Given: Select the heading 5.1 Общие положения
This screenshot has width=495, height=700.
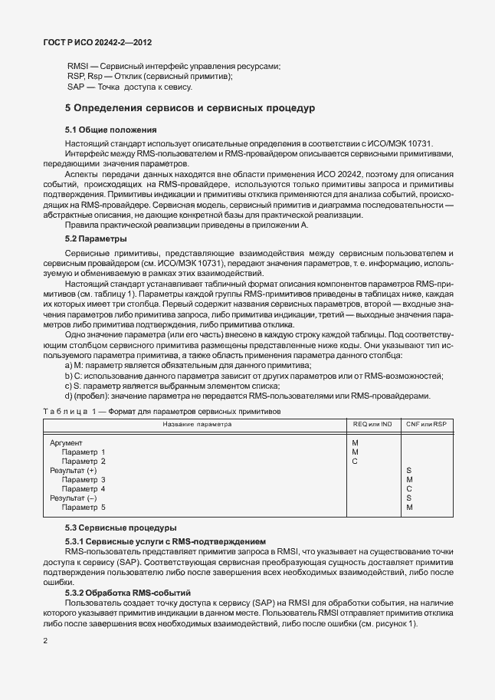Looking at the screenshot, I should click(x=110, y=130).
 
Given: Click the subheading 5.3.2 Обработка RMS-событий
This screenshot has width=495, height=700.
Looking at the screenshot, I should click(x=127, y=594).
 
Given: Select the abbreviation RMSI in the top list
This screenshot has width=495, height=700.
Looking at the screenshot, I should click(x=77, y=67).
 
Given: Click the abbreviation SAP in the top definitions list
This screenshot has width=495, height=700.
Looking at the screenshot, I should click(x=75, y=87).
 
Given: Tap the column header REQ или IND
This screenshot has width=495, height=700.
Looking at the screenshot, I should click(x=372, y=424).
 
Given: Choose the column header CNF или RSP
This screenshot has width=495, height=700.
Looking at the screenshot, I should click(x=425, y=424).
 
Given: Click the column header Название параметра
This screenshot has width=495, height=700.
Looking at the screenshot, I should click(x=197, y=424).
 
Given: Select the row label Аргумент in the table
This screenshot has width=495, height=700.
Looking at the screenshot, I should click(x=66, y=443).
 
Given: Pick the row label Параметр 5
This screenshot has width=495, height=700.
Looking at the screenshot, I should click(x=84, y=508).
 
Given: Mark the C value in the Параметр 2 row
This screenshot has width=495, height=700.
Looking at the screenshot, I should click(x=354, y=462).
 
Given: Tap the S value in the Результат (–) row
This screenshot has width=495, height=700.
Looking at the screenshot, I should click(x=409, y=498).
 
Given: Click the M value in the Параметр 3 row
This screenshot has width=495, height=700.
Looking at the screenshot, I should click(x=409, y=480).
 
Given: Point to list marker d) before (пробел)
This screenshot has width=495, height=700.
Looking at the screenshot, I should click(x=69, y=396).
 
